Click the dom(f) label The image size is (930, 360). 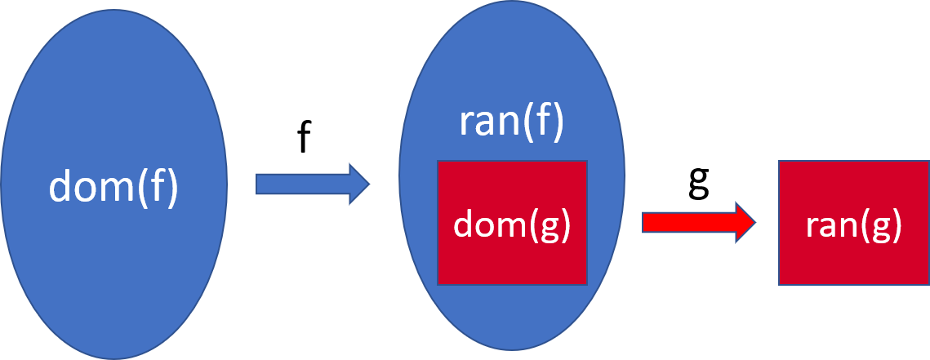[113, 187]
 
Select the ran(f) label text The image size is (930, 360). [511, 124]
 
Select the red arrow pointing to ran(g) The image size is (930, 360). [699, 222]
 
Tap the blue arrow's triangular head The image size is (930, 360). [358, 184]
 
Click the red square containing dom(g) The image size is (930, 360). [512, 261]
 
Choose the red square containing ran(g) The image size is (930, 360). [853, 261]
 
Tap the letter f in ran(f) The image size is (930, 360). [545, 122]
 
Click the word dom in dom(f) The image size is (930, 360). [88, 187]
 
